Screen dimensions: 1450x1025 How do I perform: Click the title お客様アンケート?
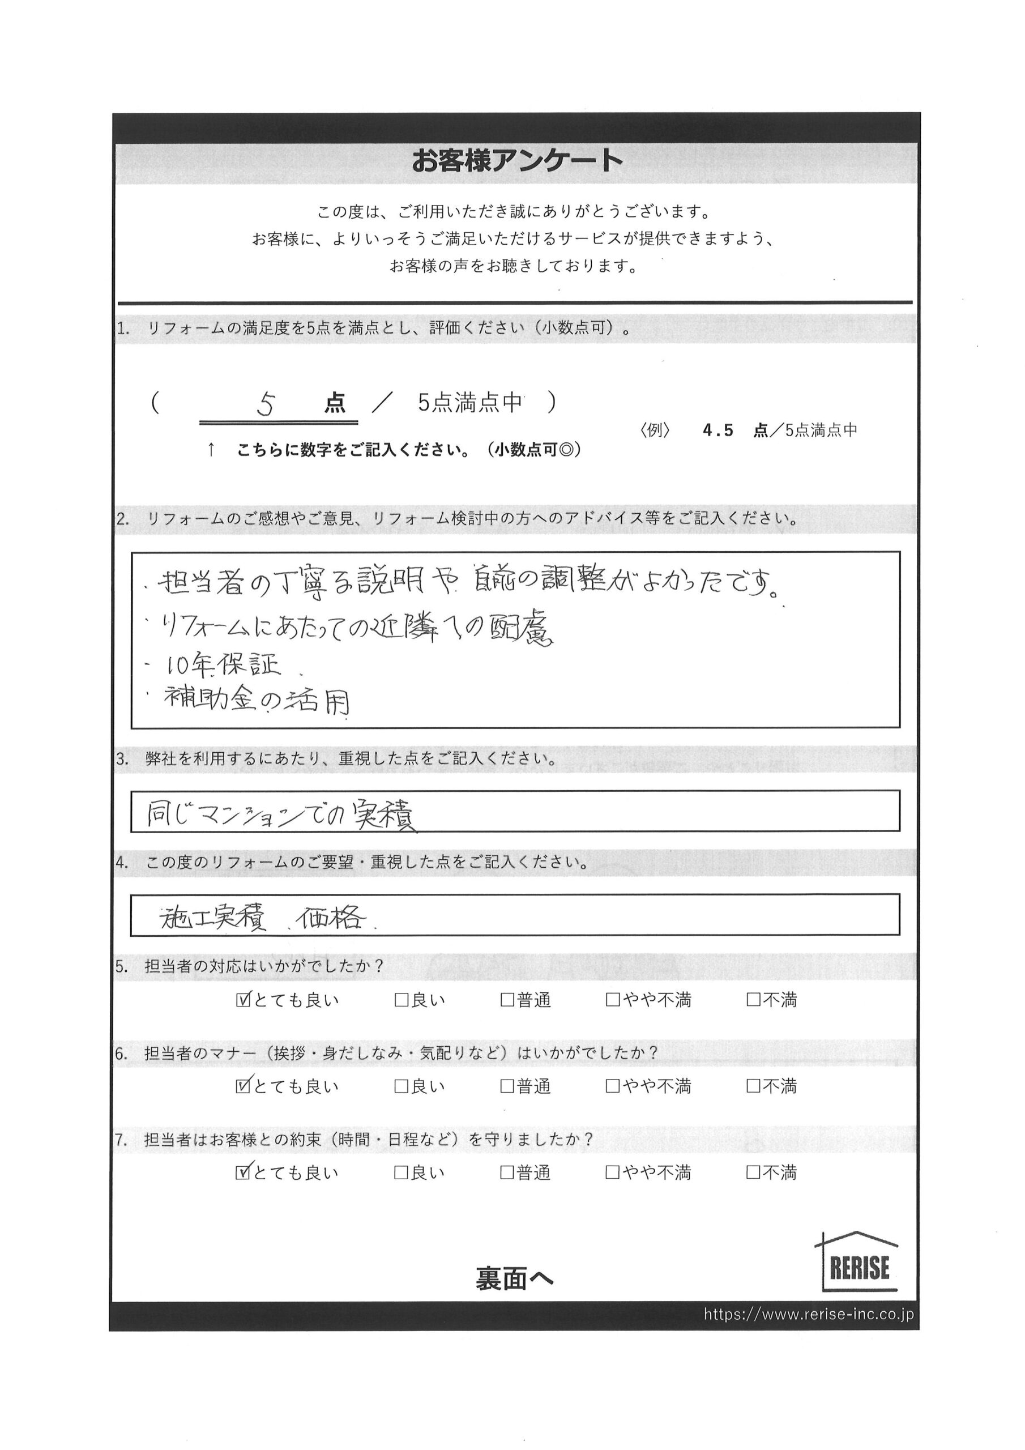[517, 160]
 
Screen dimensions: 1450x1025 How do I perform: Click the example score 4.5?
[718, 430]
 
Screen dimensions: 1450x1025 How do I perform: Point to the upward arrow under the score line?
[211, 450]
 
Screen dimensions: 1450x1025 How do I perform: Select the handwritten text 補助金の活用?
[256, 701]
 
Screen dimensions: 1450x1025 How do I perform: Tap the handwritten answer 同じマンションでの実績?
[281, 815]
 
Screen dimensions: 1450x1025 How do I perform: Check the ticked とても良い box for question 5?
[242, 1000]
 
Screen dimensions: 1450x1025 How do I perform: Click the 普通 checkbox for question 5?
[506, 1000]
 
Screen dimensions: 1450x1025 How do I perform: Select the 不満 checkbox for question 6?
[753, 1086]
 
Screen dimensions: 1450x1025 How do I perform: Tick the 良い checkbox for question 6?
[401, 1086]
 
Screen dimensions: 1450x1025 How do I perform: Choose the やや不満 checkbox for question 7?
[612, 1173]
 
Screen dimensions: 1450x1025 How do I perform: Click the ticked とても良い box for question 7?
[242, 1173]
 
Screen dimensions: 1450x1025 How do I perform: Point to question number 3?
[122, 759]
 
